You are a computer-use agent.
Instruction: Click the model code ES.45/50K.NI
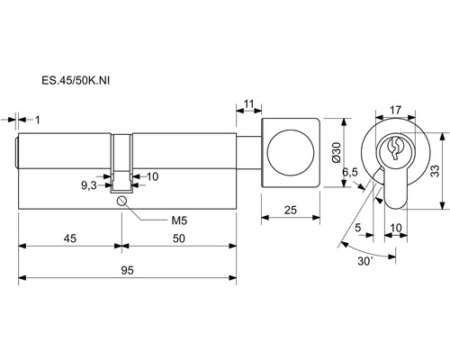tap(76, 80)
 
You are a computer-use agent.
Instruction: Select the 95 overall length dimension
tap(127, 270)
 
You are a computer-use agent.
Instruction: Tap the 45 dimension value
tap(70, 238)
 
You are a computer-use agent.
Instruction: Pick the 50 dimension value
tap(179, 238)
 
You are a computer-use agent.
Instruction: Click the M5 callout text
tap(179, 220)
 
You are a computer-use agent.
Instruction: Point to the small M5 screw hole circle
tap(121, 201)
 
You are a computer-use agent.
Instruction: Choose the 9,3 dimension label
tap(89, 186)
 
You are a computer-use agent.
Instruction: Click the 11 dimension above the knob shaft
tap(248, 103)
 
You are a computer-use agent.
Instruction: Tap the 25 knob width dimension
tap(291, 210)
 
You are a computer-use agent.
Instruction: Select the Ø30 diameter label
tap(337, 152)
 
